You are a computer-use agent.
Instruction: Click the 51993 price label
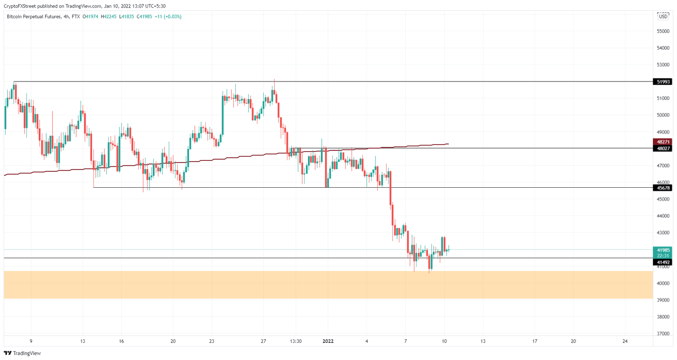click(x=663, y=82)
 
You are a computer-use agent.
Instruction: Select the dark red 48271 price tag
click(x=663, y=142)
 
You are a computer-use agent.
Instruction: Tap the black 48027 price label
click(x=663, y=148)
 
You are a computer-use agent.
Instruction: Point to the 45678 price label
click(x=663, y=188)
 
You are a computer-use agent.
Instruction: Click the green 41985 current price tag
click(x=663, y=250)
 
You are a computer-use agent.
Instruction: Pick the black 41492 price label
click(x=663, y=262)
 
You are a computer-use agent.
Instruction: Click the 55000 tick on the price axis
click(x=663, y=31)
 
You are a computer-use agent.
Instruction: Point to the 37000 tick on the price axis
click(x=663, y=334)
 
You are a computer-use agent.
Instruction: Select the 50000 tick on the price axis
click(x=663, y=115)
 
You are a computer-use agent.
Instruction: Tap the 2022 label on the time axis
click(x=328, y=341)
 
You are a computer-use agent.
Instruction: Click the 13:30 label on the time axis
click(x=296, y=341)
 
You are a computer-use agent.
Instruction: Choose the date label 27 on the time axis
click(x=263, y=341)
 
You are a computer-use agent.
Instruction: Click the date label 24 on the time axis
click(x=625, y=341)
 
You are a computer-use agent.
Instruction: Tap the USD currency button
click(x=663, y=17)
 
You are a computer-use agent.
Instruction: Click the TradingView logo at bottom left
click(x=22, y=353)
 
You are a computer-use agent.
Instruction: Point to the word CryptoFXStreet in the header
click(x=19, y=6)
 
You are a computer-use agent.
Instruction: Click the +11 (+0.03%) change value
click(x=168, y=17)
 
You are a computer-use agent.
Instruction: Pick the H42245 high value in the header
click(x=108, y=17)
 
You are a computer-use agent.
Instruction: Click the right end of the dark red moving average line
click(x=448, y=144)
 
